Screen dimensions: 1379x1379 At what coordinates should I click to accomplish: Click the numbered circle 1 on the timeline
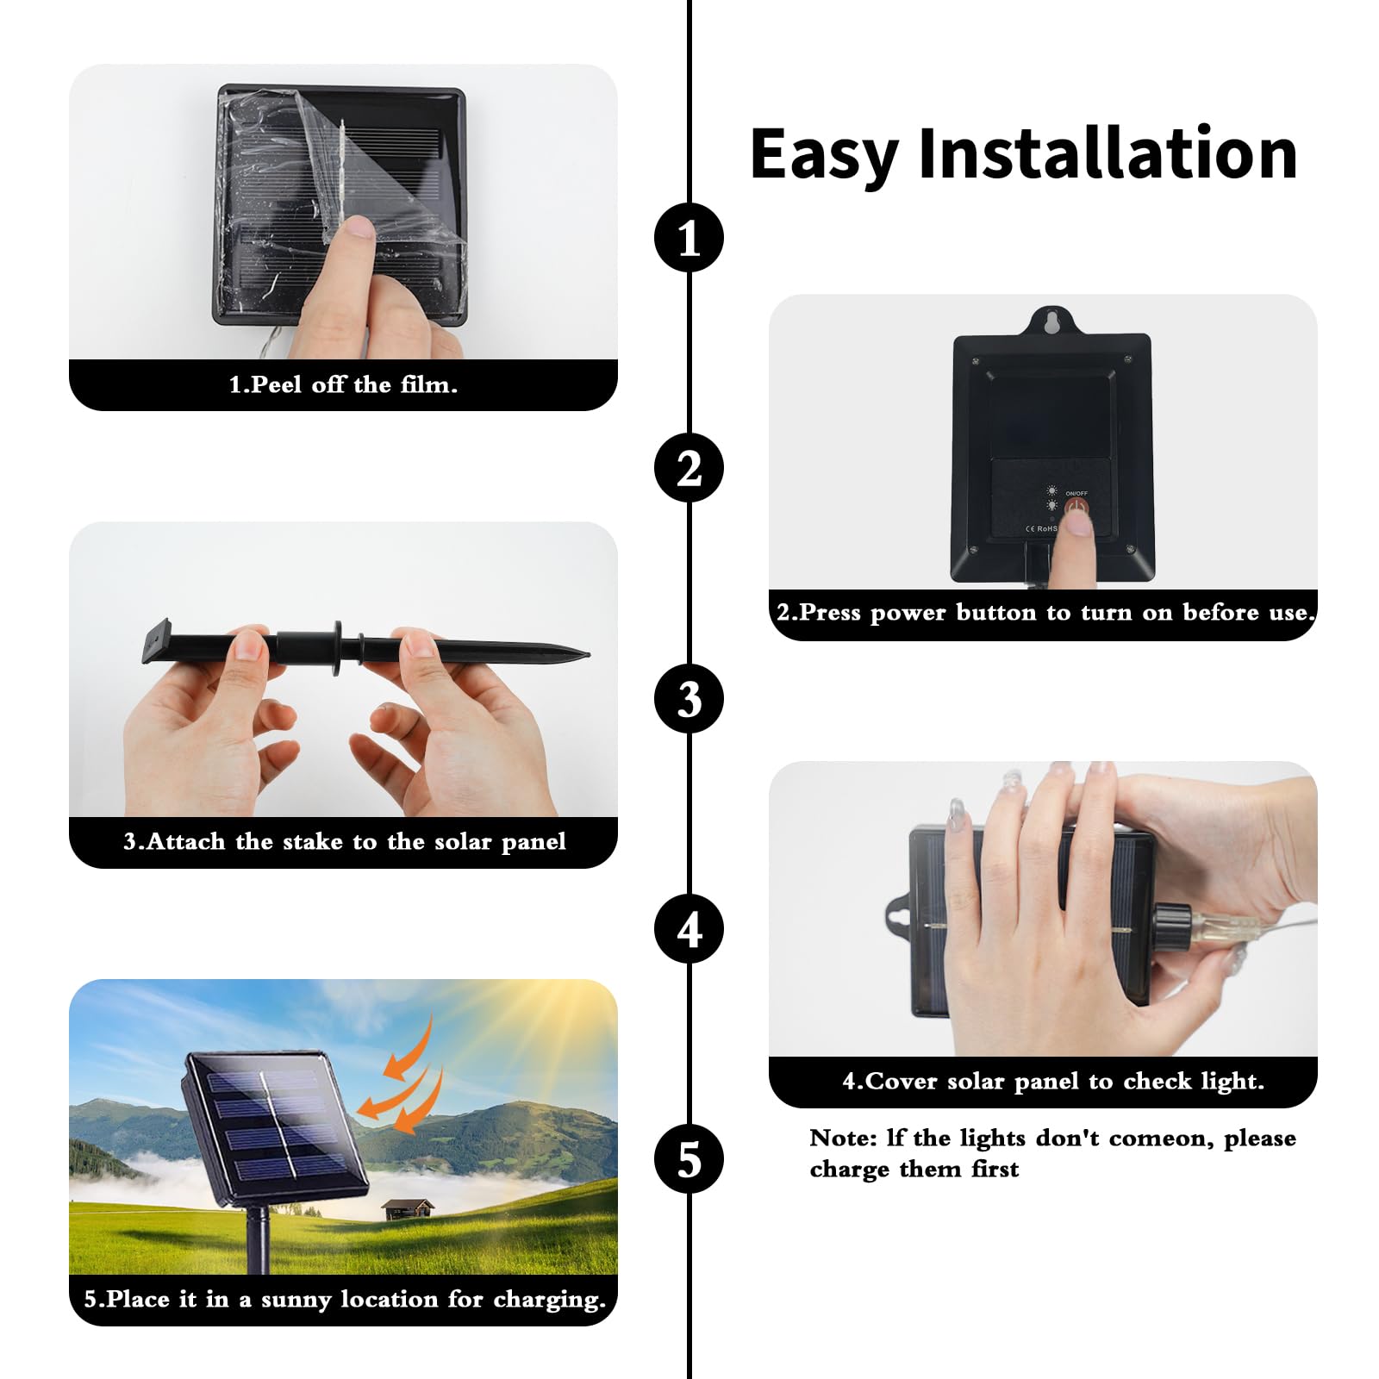tap(689, 238)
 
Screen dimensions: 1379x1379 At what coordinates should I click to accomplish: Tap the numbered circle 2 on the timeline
tap(689, 469)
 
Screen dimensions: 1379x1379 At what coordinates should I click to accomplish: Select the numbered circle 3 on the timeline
tap(689, 699)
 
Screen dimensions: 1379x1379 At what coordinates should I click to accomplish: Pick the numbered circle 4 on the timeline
tap(689, 929)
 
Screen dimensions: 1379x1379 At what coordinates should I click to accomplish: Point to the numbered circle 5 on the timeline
tap(689, 1159)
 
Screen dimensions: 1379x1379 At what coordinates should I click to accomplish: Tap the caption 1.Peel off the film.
tap(343, 385)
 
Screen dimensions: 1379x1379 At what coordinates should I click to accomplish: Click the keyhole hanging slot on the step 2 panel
tap(1051, 321)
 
